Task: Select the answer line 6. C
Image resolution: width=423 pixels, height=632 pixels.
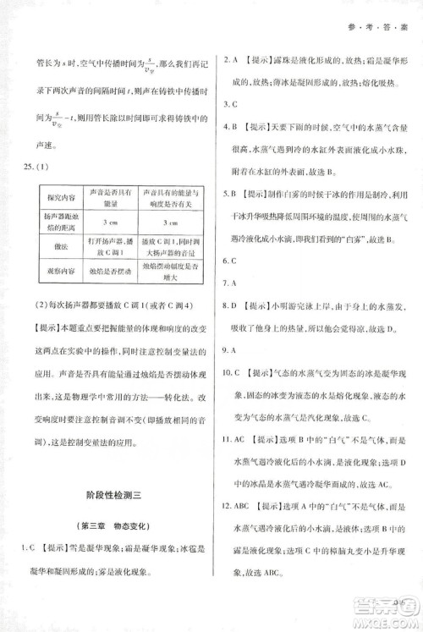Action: click(x=229, y=261)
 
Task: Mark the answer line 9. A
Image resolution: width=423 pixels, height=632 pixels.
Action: click(x=229, y=349)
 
